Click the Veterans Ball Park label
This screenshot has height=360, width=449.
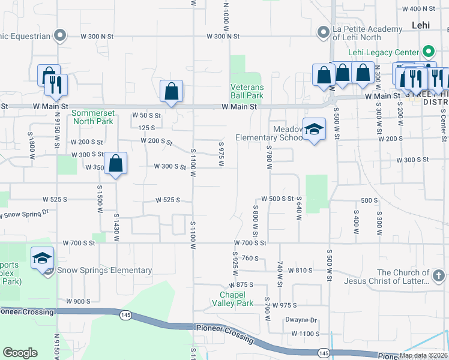point(247,91)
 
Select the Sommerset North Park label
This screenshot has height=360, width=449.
point(92,117)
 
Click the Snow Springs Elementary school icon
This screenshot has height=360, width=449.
point(42,258)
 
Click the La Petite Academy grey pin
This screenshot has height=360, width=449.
point(323,31)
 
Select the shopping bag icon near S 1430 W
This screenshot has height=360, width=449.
point(116,163)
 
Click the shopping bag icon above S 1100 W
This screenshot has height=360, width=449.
point(171,91)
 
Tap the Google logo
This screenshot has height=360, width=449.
point(20,353)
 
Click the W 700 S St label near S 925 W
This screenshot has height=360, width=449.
point(250,243)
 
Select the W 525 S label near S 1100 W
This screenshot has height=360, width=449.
point(167,200)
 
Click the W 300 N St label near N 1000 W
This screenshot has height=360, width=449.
point(223,36)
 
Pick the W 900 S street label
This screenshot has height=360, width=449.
point(78,301)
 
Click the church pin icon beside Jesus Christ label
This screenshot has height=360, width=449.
point(439,276)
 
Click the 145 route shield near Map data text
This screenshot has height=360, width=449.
point(324,352)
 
